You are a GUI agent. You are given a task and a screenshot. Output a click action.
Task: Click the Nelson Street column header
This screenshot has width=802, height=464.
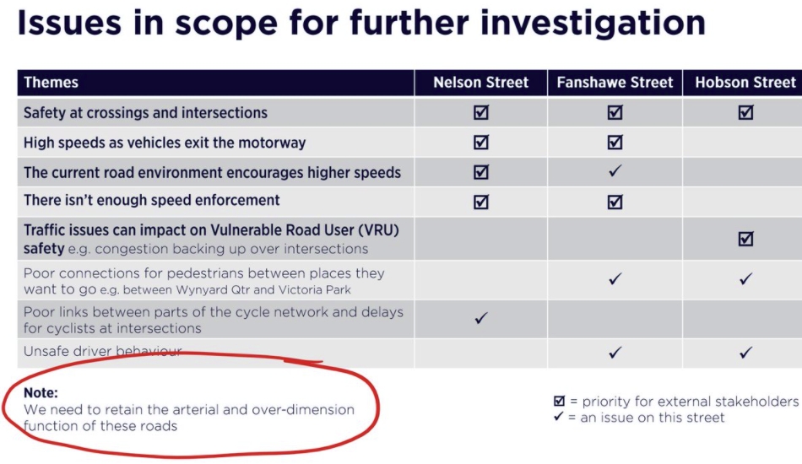tap(481, 83)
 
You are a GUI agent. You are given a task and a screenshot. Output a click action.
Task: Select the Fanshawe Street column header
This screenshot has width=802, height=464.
tap(615, 83)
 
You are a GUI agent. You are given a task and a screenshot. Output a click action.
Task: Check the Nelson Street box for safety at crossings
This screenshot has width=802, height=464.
tap(481, 112)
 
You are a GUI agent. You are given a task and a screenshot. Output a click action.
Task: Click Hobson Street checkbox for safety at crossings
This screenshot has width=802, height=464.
tap(745, 112)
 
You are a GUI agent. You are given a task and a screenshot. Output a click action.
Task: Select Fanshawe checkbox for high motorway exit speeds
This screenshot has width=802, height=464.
tap(615, 142)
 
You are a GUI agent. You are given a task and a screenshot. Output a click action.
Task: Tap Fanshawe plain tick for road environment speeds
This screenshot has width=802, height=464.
tap(615, 170)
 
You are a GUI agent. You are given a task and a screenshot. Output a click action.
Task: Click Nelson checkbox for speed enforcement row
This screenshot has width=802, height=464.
tap(481, 202)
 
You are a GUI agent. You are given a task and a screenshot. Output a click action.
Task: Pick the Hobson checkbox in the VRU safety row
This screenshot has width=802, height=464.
tap(745, 239)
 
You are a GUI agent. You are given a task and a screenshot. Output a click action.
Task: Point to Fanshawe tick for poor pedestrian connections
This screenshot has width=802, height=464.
tap(615, 278)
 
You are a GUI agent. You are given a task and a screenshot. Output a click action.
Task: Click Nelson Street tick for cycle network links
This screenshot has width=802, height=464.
tap(481, 318)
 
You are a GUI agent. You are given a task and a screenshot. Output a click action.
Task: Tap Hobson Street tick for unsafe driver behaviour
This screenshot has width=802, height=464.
tap(745, 352)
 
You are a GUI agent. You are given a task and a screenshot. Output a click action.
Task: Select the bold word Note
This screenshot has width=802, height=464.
tap(41, 392)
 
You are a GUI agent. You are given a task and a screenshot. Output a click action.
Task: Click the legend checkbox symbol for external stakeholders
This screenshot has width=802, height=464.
tap(559, 401)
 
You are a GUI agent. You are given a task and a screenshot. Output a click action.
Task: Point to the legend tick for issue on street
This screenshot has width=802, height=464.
tap(558, 417)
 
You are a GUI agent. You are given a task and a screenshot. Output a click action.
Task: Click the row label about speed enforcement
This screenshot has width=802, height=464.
tap(151, 200)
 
